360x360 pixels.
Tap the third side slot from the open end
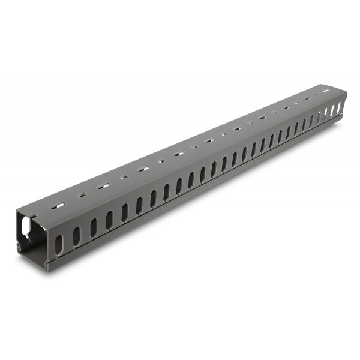[x=93, y=228]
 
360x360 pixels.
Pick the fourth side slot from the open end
[x=109, y=220]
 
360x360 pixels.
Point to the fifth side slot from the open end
[x=125, y=212]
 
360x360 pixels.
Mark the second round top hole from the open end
[x=122, y=178]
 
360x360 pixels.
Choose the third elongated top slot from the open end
[x=142, y=169]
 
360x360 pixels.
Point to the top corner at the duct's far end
[x=346, y=92]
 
